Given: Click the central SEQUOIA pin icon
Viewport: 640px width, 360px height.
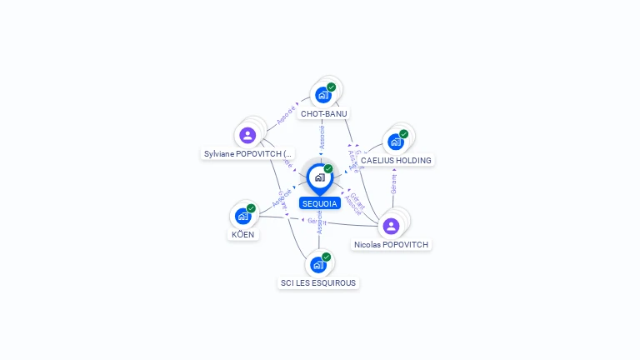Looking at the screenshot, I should pyautogui.click(x=319, y=177).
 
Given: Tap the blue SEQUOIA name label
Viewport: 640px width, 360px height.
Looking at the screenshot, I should pyautogui.click(x=320, y=203).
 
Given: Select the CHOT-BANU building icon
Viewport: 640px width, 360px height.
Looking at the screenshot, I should pyautogui.click(x=323, y=95).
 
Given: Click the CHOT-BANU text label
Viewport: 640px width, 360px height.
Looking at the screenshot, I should pyautogui.click(x=324, y=113).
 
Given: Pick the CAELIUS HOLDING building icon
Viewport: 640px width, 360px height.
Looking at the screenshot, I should pyautogui.click(x=396, y=142).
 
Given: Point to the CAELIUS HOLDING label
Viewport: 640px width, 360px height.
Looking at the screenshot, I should pyautogui.click(x=396, y=160).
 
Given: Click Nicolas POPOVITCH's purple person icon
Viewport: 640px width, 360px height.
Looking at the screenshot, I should pyautogui.click(x=391, y=226).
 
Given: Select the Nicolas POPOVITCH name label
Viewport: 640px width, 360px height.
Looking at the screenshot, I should pyautogui.click(x=391, y=245).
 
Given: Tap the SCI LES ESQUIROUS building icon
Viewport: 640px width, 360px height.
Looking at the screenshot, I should pyautogui.click(x=317, y=265).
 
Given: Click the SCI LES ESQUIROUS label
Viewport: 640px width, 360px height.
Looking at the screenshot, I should pyautogui.click(x=318, y=283).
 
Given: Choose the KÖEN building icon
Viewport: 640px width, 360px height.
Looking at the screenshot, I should pyautogui.click(x=242, y=217).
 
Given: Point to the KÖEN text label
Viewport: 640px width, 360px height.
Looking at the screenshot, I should pyautogui.click(x=242, y=235).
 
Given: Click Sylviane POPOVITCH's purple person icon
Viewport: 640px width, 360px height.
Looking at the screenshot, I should pyautogui.click(x=247, y=135).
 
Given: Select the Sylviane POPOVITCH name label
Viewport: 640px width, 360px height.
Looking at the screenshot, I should pyautogui.click(x=248, y=154).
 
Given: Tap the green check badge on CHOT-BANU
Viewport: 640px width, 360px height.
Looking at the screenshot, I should pyautogui.click(x=332, y=87).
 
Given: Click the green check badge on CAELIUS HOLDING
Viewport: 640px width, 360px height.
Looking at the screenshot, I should pyautogui.click(x=404, y=133).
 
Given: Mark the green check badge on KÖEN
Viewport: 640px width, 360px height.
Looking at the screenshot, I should pyautogui.click(x=251, y=208).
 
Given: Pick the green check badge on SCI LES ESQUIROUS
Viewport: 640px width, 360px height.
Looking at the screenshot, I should pyautogui.click(x=327, y=257).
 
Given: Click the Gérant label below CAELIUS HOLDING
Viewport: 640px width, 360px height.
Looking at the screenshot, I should pyautogui.click(x=393, y=183).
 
